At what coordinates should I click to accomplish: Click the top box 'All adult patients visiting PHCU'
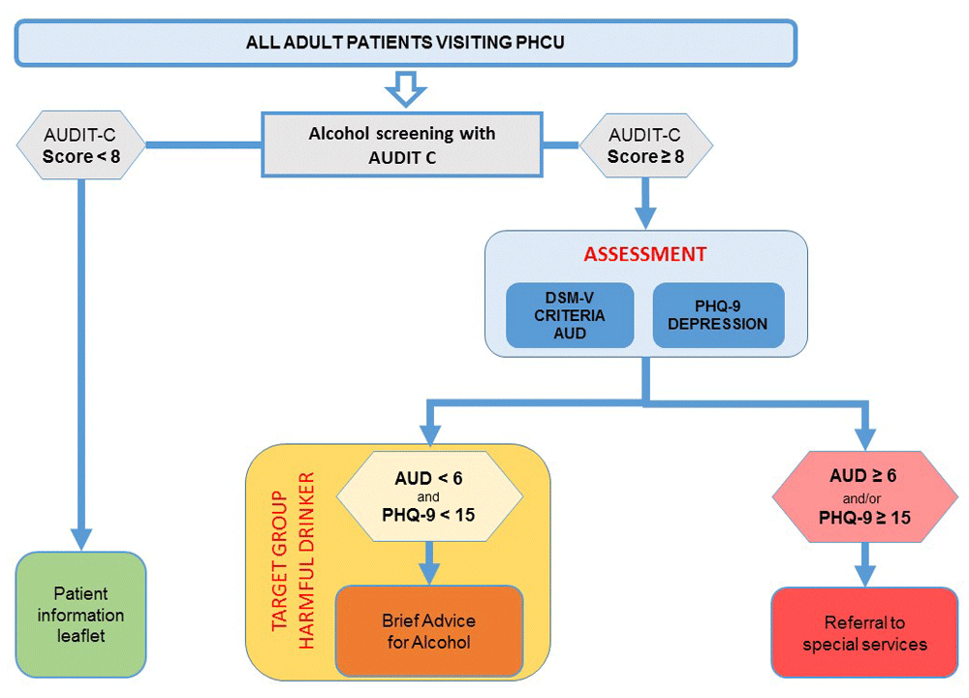[405, 45]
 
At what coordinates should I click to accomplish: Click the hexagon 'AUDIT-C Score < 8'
[82, 145]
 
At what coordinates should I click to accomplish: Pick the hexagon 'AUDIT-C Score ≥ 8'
[644, 145]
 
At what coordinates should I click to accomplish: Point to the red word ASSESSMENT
[645, 255]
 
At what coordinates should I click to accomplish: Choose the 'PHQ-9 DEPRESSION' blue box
[718, 315]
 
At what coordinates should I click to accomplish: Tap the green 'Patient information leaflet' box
[82, 615]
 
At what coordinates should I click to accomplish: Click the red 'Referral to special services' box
[863, 632]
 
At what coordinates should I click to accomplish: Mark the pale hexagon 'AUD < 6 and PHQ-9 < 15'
[428, 497]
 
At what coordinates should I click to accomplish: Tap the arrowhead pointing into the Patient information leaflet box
[81, 536]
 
